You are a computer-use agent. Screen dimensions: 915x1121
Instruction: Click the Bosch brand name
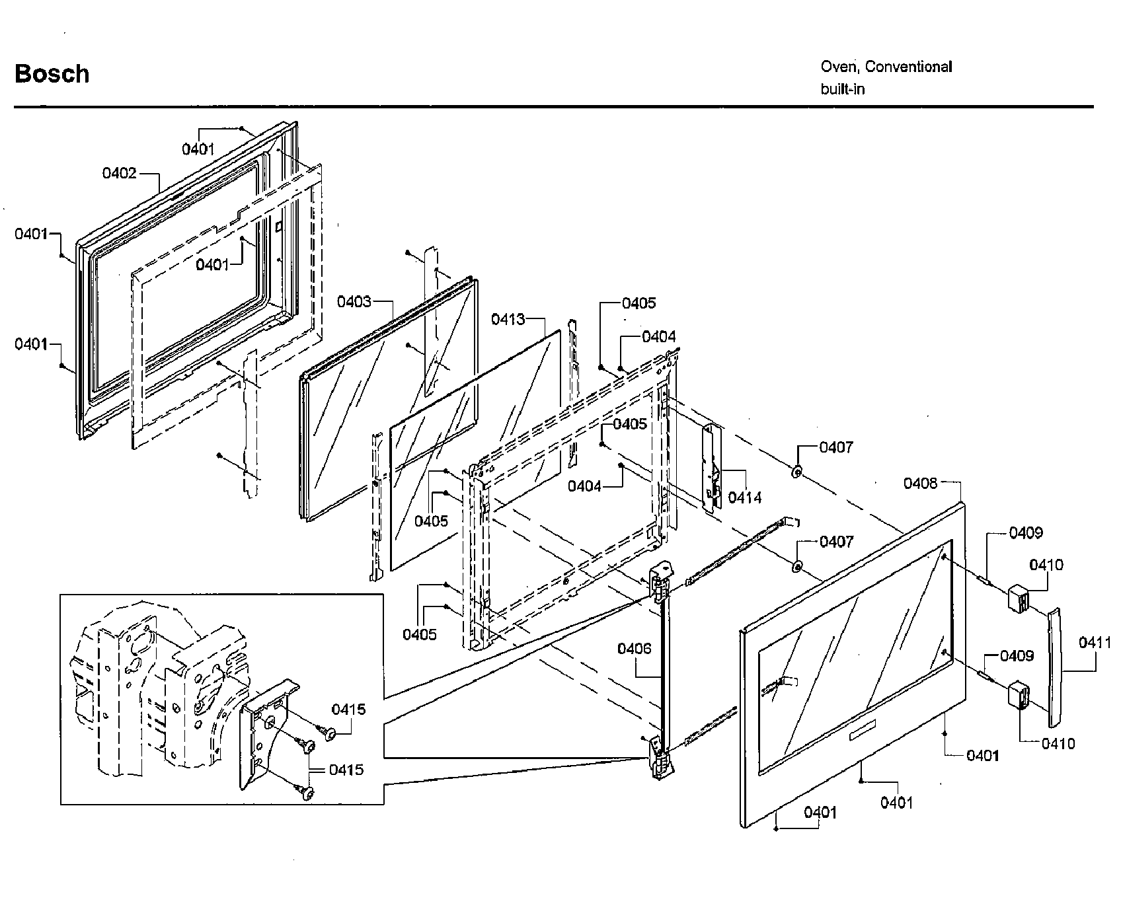pos(52,74)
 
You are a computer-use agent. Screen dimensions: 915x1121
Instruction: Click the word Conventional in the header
pos(908,67)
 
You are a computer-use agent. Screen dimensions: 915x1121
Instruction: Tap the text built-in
pos(842,89)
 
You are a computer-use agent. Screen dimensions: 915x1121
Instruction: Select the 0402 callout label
pos(119,173)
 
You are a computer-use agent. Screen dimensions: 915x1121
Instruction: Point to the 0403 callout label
pos(354,302)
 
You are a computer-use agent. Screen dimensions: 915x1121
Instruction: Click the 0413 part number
pos(508,320)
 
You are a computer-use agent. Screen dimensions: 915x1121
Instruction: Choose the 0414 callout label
pos(745,497)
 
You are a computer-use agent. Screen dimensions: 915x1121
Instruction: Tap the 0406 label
pos(635,649)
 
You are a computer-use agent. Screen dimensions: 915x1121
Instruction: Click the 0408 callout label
pos(920,484)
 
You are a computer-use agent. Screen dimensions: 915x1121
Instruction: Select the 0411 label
pos(1095,641)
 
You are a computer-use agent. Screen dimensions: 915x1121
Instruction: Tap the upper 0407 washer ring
pos(797,472)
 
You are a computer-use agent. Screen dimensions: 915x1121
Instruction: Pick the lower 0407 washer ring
pos(797,566)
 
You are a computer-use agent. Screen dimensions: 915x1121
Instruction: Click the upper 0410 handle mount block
pos(1019,598)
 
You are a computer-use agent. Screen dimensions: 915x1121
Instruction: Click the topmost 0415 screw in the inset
pos(328,731)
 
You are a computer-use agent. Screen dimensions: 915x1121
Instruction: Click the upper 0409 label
pos(1025,532)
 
